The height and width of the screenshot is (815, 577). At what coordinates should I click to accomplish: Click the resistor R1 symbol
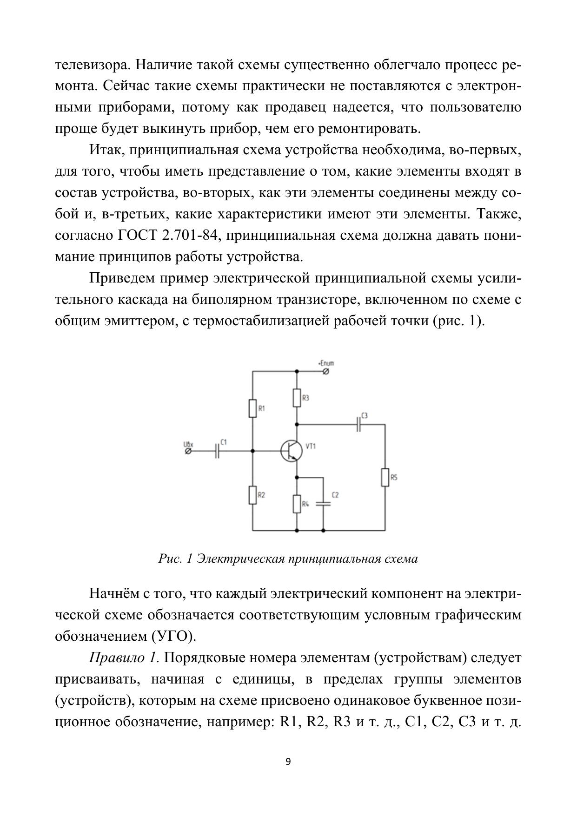coord(252,408)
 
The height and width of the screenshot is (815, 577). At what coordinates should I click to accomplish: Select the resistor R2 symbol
coord(252,495)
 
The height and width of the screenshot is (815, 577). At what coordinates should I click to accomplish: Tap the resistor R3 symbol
coord(297,398)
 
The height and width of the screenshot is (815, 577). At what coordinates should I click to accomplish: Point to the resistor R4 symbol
coord(297,504)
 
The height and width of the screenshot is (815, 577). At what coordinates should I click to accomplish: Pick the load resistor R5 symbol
coord(385,477)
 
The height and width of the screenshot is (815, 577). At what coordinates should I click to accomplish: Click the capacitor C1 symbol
coord(217,451)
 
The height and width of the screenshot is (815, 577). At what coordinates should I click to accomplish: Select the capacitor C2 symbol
coord(323,503)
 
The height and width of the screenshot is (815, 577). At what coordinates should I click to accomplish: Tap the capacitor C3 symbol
coord(358,424)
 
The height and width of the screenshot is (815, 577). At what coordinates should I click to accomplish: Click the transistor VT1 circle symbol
coord(292,451)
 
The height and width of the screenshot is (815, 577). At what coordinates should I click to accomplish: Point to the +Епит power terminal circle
coord(326,371)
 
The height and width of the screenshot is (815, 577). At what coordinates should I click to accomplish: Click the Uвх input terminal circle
coord(188,451)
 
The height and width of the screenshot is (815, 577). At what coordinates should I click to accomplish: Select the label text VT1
coord(311,446)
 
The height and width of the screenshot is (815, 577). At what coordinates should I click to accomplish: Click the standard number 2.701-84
coord(190,236)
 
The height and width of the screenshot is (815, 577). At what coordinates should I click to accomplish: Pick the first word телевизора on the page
coord(93,65)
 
